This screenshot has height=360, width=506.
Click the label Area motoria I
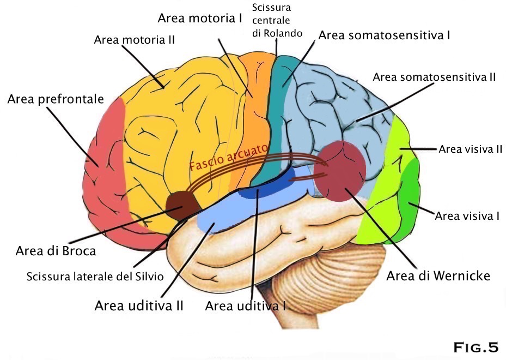coord(200,18)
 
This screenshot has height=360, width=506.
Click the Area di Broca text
coord(56,251)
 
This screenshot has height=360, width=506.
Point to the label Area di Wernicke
coord(438,275)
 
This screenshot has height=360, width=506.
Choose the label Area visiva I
coord(467,216)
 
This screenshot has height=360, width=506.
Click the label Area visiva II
coord(470,149)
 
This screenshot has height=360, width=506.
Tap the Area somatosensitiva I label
coord(384,35)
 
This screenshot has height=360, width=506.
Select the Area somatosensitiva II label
coord(434,77)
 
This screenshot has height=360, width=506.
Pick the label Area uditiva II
coord(139,305)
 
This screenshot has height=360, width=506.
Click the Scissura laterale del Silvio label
coord(95,277)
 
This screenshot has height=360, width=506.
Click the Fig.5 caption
coord(475,347)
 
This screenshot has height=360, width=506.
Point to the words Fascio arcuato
coord(229,158)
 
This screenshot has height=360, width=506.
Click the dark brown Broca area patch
coord(182,205)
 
